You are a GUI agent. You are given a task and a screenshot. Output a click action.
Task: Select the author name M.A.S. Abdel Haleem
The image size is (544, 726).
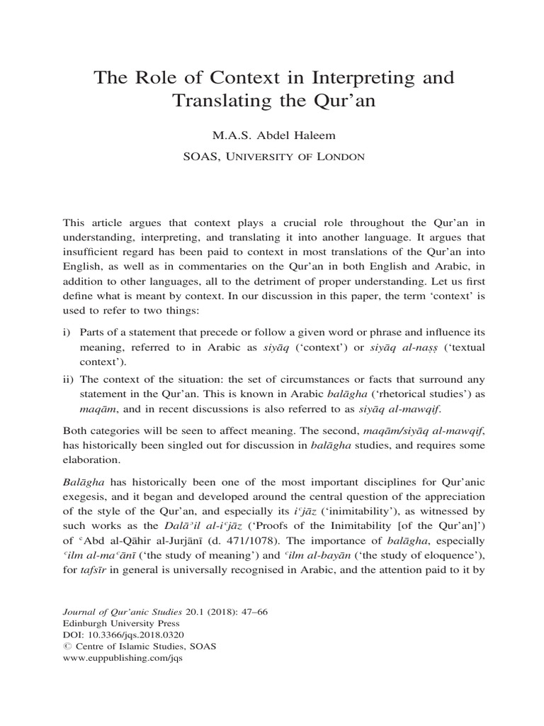[272, 135]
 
